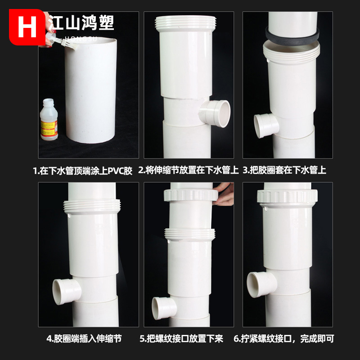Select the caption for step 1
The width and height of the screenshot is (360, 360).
(83, 171)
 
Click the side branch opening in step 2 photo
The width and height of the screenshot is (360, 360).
(220, 113)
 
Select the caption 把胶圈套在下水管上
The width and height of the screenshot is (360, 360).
(284, 171)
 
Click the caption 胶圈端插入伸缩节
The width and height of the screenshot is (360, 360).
(84, 338)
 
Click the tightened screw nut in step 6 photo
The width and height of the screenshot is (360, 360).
(288, 196)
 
